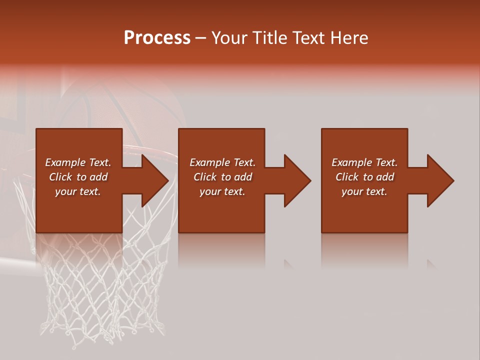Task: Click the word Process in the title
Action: click(x=157, y=38)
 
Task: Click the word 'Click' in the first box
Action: click(x=60, y=177)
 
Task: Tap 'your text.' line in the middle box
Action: click(x=222, y=191)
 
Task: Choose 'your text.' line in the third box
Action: click(x=364, y=191)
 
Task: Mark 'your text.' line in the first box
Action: click(x=77, y=191)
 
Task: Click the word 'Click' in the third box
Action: click(x=347, y=177)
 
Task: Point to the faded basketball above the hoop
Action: click(x=125, y=110)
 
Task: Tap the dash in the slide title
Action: click(x=200, y=38)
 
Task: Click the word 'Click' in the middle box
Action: click(x=205, y=177)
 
